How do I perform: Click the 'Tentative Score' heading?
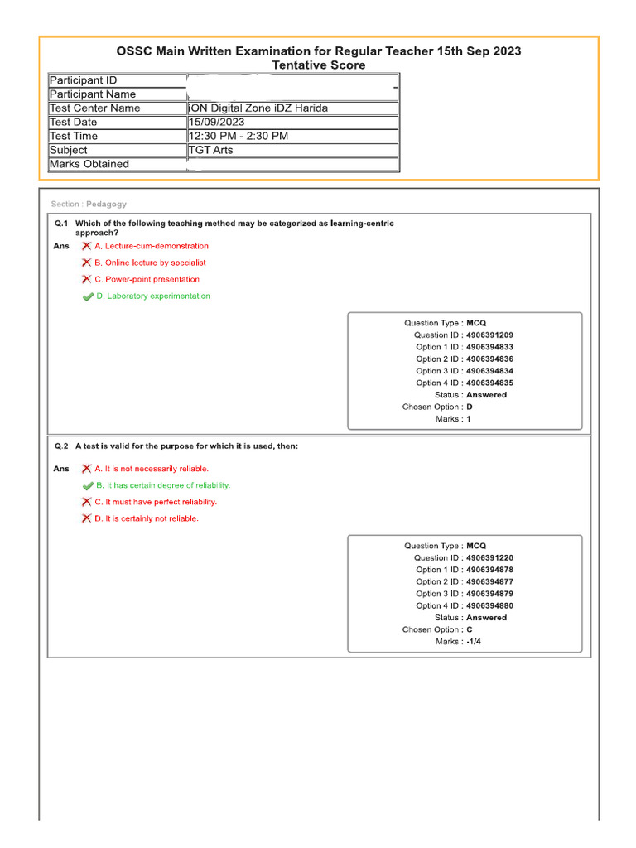(319, 65)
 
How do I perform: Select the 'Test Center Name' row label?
(94, 108)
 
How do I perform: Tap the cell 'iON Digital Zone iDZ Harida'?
(263, 108)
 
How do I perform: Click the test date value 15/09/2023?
(217, 123)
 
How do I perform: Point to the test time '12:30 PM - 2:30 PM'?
(238, 137)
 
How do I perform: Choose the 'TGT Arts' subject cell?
(210, 151)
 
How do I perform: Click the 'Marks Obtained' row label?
(89, 164)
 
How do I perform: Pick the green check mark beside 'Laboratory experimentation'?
(88, 296)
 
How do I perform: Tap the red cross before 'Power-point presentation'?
(86, 279)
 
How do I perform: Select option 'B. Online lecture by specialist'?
(150, 263)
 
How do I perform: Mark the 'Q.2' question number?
(62, 446)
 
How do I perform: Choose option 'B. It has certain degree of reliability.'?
(162, 485)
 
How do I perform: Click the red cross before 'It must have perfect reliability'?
(86, 502)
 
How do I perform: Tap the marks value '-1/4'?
(474, 642)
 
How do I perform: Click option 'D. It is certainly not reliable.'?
(147, 518)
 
